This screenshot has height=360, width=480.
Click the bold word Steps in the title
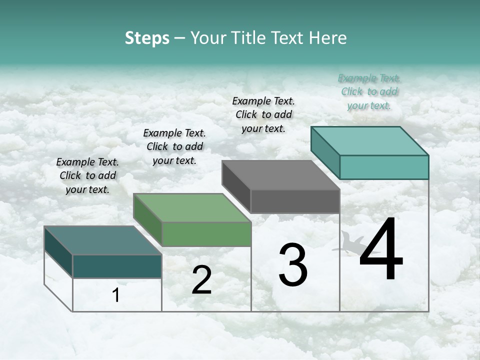(x=147, y=38)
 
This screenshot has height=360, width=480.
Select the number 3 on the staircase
(x=293, y=265)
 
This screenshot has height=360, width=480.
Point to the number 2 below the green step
(x=201, y=280)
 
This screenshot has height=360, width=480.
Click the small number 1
(x=116, y=295)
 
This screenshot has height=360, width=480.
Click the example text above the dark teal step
(x=87, y=175)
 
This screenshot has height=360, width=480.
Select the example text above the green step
(x=174, y=146)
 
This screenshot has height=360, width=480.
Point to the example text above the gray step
(x=263, y=114)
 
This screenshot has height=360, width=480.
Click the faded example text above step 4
(x=369, y=91)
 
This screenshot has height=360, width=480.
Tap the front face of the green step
(x=206, y=234)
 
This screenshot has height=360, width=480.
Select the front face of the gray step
(x=295, y=201)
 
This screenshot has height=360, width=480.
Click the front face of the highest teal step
(x=384, y=167)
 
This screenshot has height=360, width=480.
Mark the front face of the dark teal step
(x=117, y=266)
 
